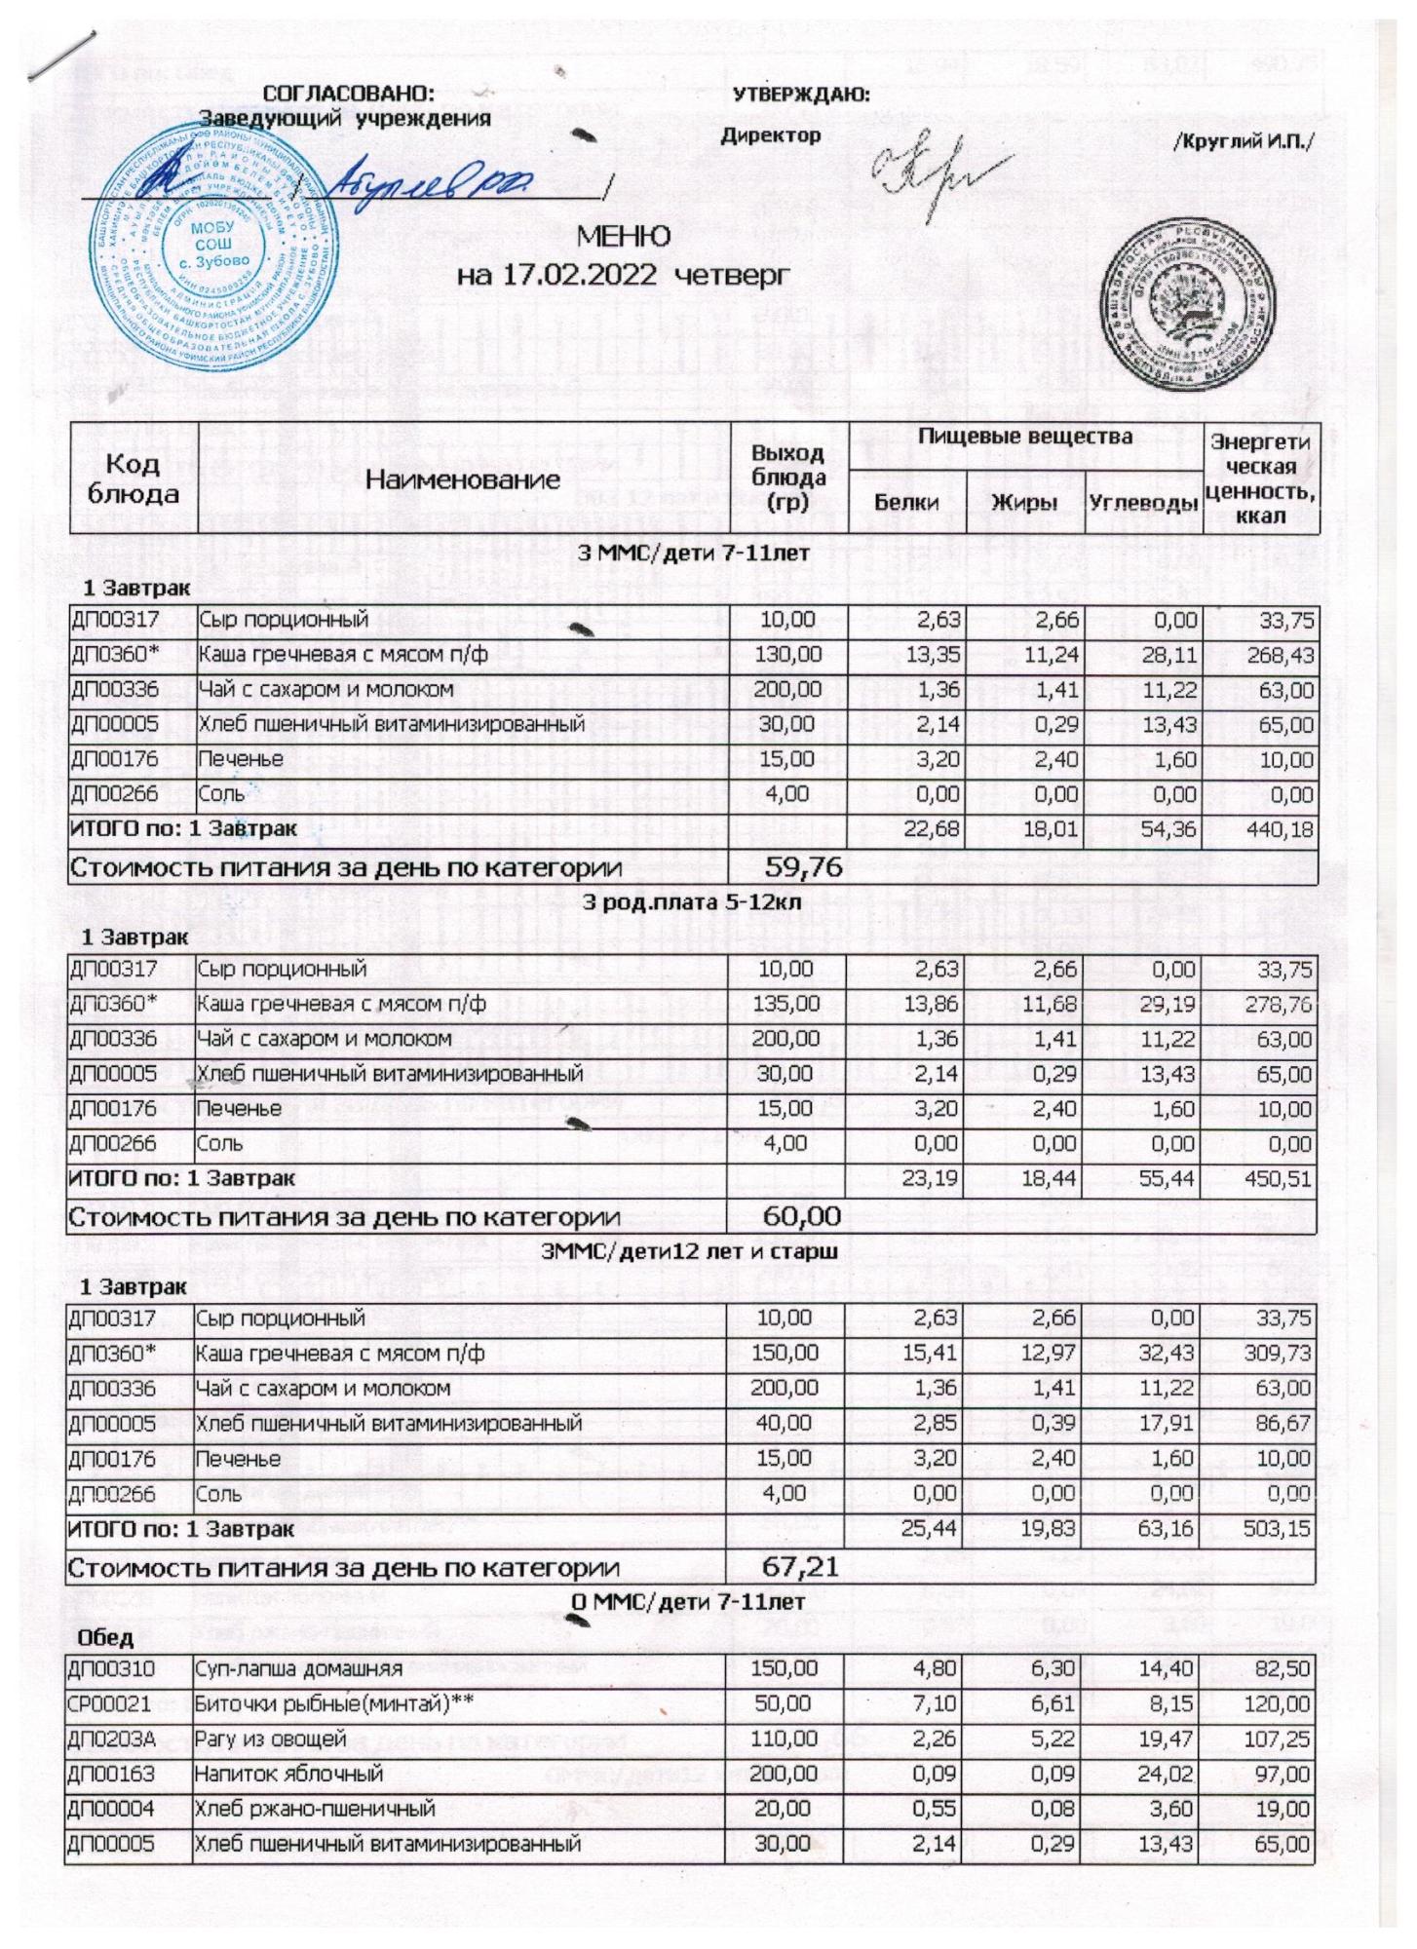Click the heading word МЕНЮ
pos(624,237)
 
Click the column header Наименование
pos(463,478)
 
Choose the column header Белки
pos(906,502)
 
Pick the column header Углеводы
pos(1143,503)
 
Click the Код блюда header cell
pos(134,478)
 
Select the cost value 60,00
pos(803,1215)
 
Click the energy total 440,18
pos(1279,830)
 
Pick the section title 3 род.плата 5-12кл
pos(691,902)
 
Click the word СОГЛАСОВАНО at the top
pos(349,95)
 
